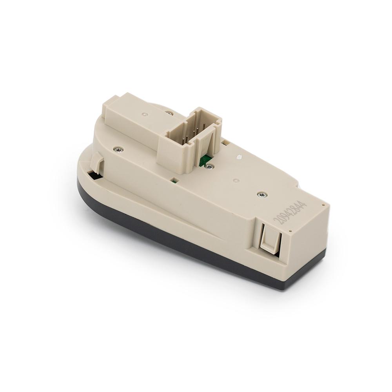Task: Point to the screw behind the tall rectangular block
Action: [x=170, y=113]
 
